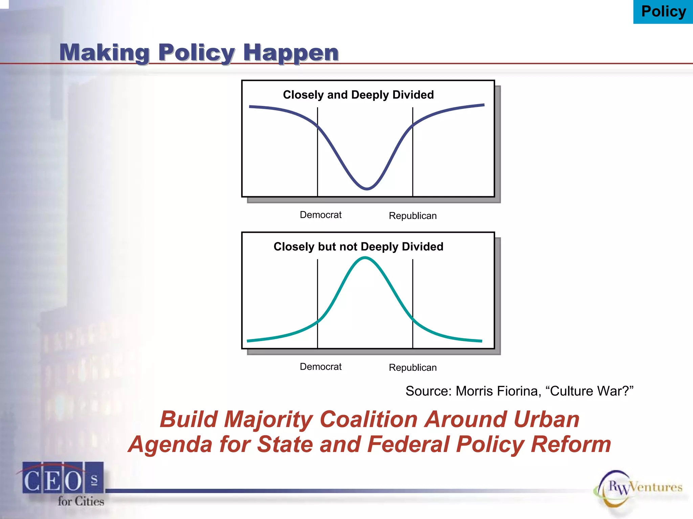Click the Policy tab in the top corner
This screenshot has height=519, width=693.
tap(663, 12)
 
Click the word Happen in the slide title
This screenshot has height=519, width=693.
tap(291, 53)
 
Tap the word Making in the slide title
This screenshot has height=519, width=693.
tap(104, 53)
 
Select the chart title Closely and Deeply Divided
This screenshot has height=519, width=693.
tap(358, 95)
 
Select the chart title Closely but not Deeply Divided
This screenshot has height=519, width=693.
tap(358, 247)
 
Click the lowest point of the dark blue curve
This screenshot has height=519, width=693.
tap(367, 188)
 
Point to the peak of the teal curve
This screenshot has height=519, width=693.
tap(365, 258)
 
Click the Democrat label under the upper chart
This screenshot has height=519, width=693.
tap(320, 215)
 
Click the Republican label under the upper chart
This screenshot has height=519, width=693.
tap(412, 216)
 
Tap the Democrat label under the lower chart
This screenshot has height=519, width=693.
tap(320, 367)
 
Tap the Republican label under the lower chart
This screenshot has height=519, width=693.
tap(412, 368)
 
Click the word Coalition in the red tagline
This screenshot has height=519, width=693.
tap(369, 420)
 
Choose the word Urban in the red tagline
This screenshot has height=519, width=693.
tap(546, 420)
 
